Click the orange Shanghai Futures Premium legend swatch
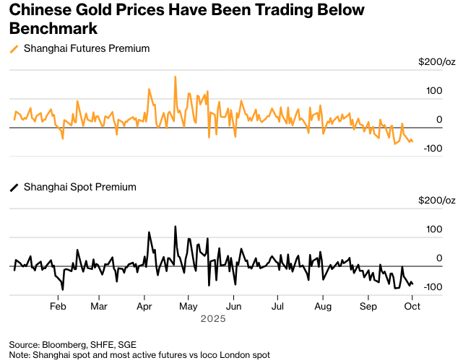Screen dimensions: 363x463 tap(14, 49)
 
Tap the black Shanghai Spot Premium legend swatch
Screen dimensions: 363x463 tap(14, 188)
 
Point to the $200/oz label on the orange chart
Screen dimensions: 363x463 tap(436, 62)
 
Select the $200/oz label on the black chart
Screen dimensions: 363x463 tap(436, 200)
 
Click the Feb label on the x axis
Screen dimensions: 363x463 tap(59, 306)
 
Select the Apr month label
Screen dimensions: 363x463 tap(144, 306)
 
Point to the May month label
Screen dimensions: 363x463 tap(188, 306)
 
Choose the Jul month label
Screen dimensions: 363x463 tap(277, 306)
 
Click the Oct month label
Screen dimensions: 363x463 tap(412, 306)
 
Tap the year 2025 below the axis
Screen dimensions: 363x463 tap(214, 318)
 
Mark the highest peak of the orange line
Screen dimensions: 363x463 tap(176, 76)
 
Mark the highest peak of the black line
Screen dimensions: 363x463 tap(176, 227)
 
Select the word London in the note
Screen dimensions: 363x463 tap(234, 355)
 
